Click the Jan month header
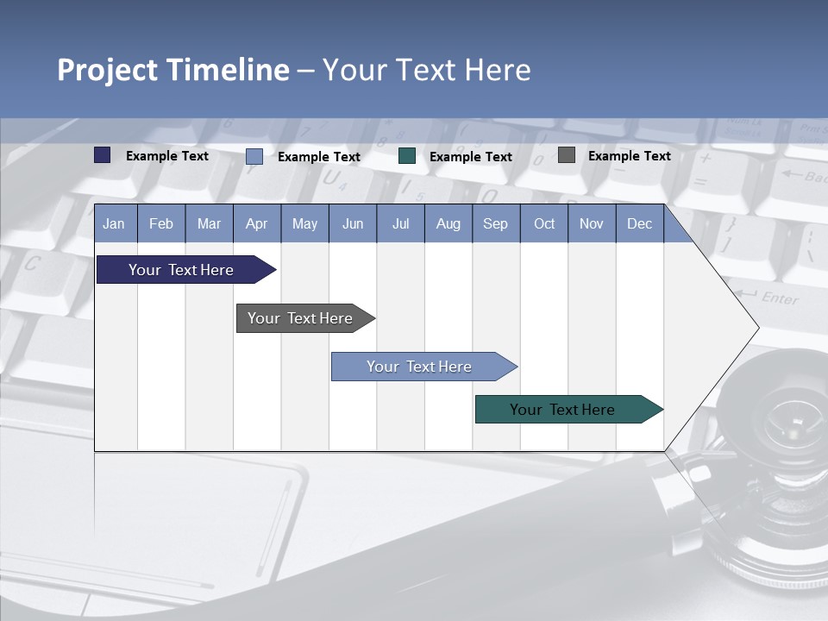pos(114,223)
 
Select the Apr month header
pos(256,223)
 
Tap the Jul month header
pos(400,223)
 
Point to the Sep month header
pos(495,223)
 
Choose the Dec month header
pos(639,223)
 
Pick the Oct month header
pos(544,223)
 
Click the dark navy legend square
pos(103,155)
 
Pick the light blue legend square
pos(254,156)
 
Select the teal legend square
pos(407,156)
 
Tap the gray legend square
pos(567,155)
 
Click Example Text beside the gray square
pos(629,156)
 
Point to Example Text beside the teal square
pos(470,157)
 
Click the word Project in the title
pos(108,70)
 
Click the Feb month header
pos(161,223)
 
